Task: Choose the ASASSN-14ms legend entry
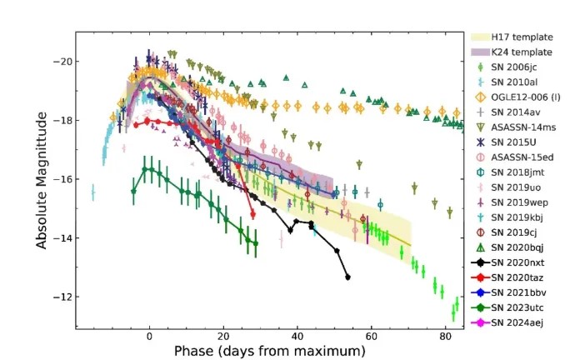tap(517, 127)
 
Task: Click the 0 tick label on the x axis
tap(149, 337)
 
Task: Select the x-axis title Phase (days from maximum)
tap(269, 352)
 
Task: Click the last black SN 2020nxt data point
tap(347, 277)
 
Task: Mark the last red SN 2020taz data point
tap(252, 214)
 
